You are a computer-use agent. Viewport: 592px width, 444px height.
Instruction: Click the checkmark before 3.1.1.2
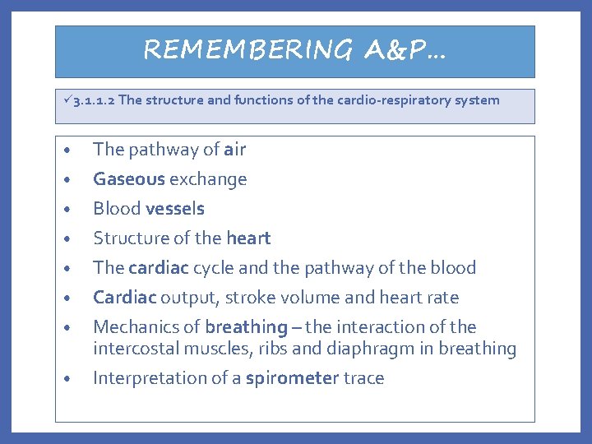(67, 100)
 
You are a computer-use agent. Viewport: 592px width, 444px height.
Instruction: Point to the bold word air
(234, 150)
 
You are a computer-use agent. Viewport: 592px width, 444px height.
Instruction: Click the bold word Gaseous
(129, 179)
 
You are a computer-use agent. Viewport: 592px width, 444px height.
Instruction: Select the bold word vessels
(175, 209)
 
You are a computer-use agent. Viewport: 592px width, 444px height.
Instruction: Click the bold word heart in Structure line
(248, 238)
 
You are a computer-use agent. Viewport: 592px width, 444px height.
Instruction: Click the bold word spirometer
(292, 378)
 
